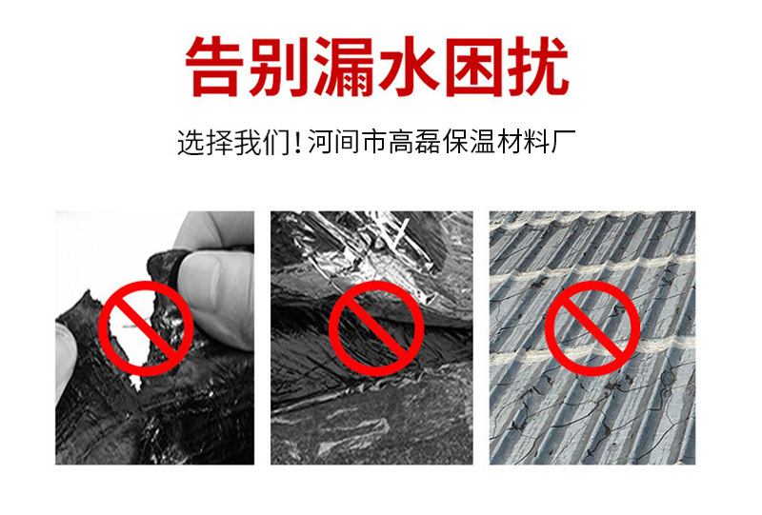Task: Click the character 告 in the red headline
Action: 214,67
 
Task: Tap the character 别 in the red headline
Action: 279,67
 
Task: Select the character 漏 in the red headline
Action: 344,67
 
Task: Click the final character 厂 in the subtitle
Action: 563,143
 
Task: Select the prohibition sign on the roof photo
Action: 592,328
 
